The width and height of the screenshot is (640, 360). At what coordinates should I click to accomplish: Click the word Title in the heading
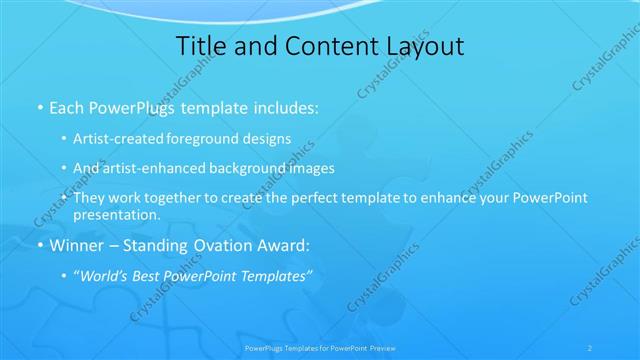coord(200,46)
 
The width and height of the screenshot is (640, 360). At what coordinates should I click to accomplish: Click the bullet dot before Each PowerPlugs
coord(39,106)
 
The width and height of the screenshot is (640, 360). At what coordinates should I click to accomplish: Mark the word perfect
coord(322,198)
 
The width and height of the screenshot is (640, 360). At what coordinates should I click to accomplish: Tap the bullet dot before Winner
coord(39,244)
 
